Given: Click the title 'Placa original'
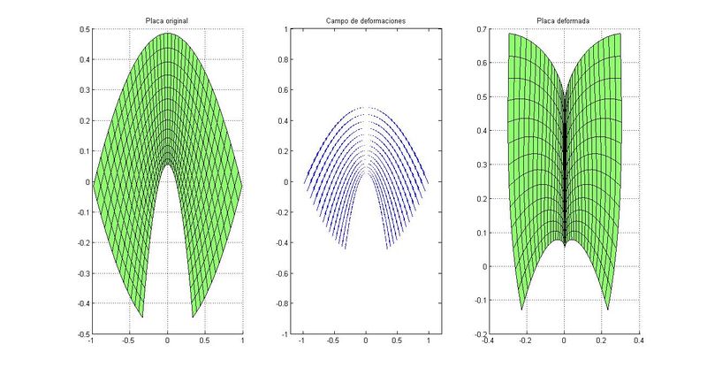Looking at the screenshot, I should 167,20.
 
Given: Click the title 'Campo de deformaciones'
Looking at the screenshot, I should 365,20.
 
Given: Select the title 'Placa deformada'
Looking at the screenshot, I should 563,20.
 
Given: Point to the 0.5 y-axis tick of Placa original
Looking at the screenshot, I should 84,29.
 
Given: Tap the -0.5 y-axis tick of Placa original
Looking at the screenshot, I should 82,335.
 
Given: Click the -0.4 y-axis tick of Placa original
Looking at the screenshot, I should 82,304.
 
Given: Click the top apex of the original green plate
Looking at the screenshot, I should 167,34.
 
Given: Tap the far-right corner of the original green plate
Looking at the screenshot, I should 242,182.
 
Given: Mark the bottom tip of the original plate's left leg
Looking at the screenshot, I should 142,317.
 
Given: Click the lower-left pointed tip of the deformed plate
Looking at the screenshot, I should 521,310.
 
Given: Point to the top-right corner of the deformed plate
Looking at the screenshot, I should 620,34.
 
